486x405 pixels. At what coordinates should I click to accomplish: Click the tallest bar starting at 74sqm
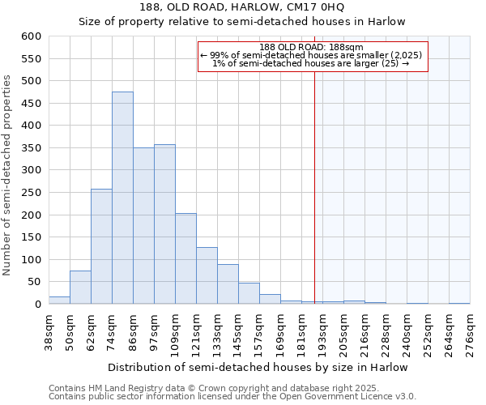pos(122,198)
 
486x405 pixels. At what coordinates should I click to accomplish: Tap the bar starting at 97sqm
pos(164,224)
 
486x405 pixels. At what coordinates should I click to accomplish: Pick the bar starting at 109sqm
pos(185,258)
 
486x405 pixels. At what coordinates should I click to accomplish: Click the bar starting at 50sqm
pos(80,288)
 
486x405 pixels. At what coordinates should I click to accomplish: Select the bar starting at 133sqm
pos(228,284)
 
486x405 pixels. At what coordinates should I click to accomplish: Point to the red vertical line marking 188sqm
pos(314,178)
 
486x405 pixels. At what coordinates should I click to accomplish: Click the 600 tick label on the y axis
pos(31,36)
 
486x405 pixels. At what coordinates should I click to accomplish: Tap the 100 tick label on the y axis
pos(31,260)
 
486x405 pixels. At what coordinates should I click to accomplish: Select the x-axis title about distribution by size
pos(258,368)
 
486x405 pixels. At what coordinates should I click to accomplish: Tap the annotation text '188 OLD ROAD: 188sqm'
pos(312,47)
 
